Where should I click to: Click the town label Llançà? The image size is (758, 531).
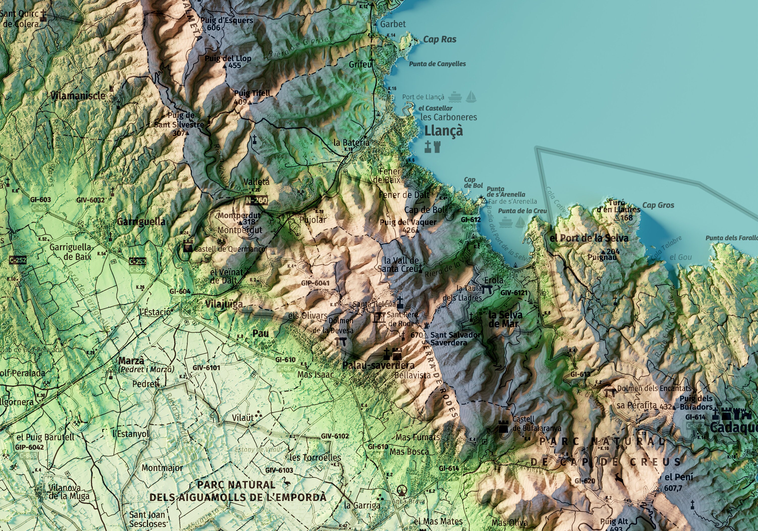click(x=443, y=131)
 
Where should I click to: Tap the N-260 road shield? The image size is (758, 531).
click(x=256, y=200)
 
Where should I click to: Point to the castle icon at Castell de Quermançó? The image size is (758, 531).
click(x=188, y=246)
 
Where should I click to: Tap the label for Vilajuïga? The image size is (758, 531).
click(x=224, y=304)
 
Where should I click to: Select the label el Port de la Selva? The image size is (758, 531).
click(x=589, y=238)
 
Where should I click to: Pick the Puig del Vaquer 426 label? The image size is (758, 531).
click(x=408, y=226)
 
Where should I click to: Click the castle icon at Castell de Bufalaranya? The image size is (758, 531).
click(x=503, y=427)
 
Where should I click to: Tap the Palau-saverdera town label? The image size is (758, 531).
click(x=378, y=365)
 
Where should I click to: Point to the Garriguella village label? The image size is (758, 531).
click(x=141, y=222)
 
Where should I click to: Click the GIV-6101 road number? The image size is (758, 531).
click(x=206, y=367)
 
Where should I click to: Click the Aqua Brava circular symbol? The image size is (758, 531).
click(x=401, y=490)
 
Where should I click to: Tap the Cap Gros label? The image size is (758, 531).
click(x=658, y=205)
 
